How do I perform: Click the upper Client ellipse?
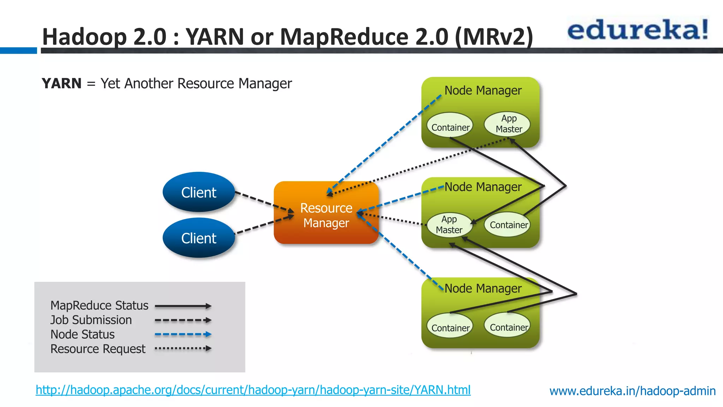199,192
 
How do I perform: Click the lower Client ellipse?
199,238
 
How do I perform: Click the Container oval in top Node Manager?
450,127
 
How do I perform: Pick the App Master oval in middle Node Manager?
449,225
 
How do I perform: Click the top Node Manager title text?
483,90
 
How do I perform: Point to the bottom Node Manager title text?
483,288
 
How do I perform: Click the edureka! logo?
638,30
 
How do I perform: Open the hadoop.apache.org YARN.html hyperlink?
253,390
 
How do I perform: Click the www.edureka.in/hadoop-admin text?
632,391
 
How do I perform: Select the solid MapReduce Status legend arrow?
183,306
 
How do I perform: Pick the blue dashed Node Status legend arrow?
183,334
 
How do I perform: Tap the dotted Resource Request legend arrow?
183,348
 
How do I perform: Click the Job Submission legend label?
91,320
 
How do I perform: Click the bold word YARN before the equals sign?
61,84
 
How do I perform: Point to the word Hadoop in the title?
84,37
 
